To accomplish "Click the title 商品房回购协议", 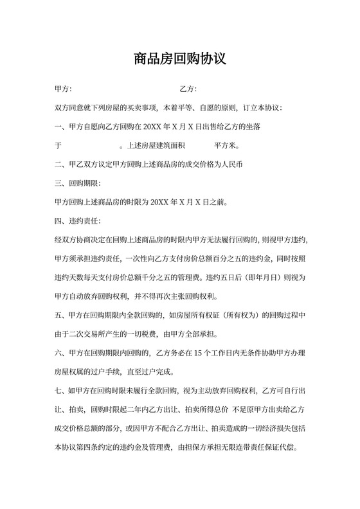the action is (180, 59).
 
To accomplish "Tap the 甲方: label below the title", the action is (64, 89).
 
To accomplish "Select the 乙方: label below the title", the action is (188, 89).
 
